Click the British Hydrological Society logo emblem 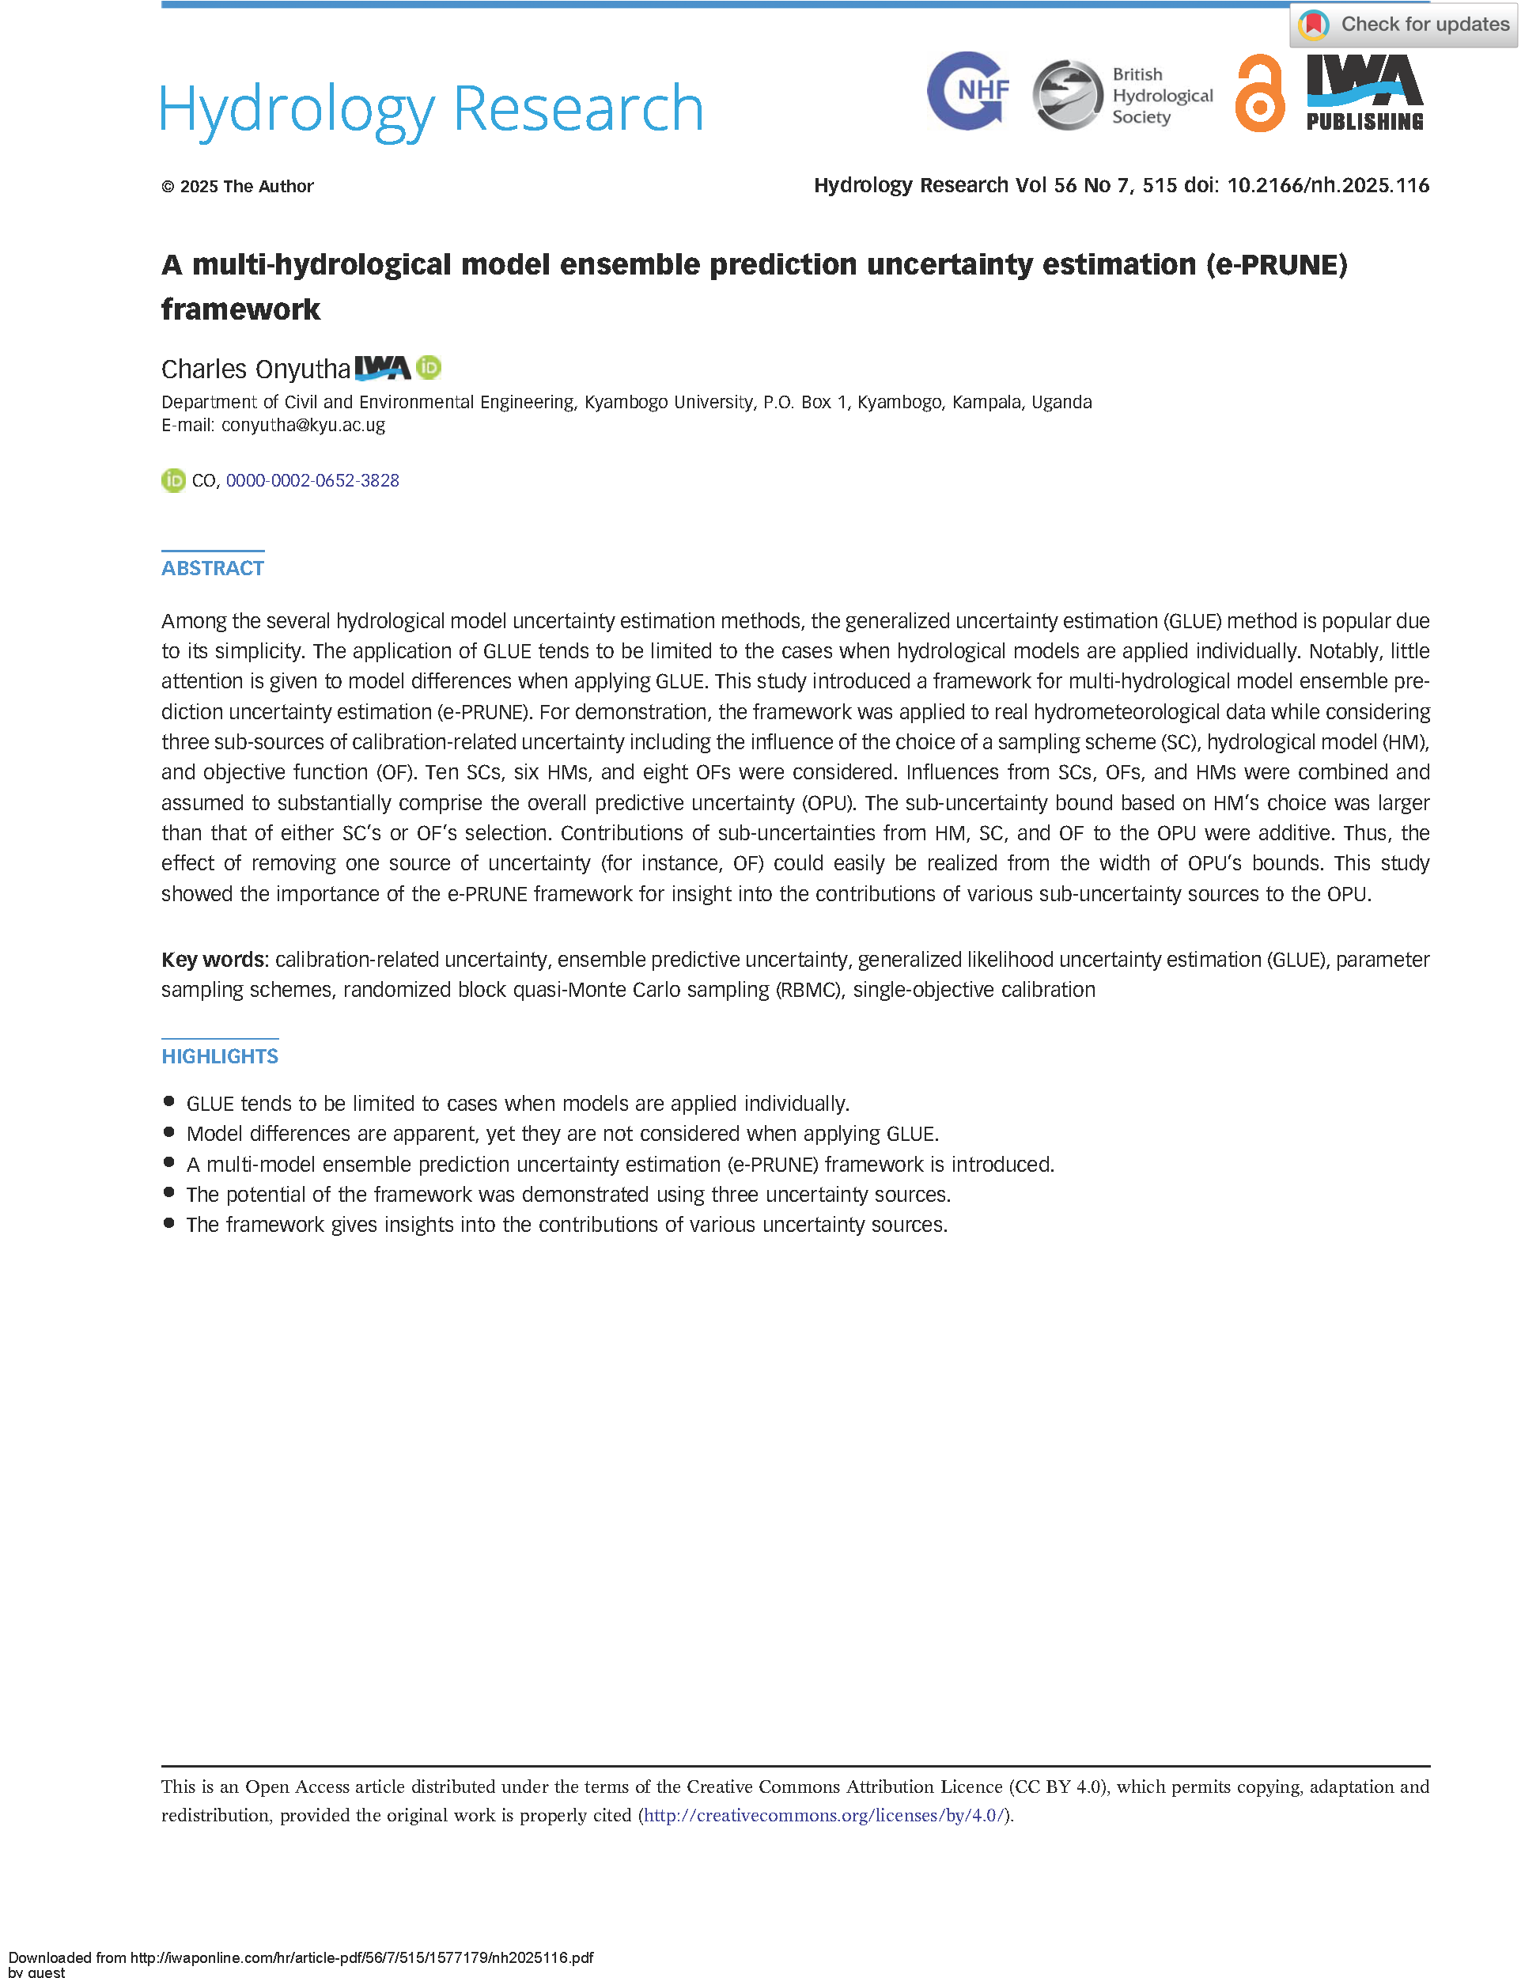[x=1068, y=94]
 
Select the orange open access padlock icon [x=1259, y=93]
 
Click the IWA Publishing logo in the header [x=1364, y=93]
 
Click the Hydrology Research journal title [x=432, y=108]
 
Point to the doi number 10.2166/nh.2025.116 [x=1327, y=186]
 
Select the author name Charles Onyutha [x=255, y=369]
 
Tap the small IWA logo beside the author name [x=382, y=368]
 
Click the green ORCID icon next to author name [x=429, y=368]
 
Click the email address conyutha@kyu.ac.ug [x=303, y=426]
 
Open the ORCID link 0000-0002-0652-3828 [x=312, y=481]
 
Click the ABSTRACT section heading [x=213, y=569]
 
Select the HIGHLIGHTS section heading [x=220, y=1057]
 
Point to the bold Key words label [x=214, y=960]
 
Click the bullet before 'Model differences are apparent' [x=169, y=1133]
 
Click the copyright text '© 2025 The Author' [x=237, y=187]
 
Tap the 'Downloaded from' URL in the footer [x=361, y=1958]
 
